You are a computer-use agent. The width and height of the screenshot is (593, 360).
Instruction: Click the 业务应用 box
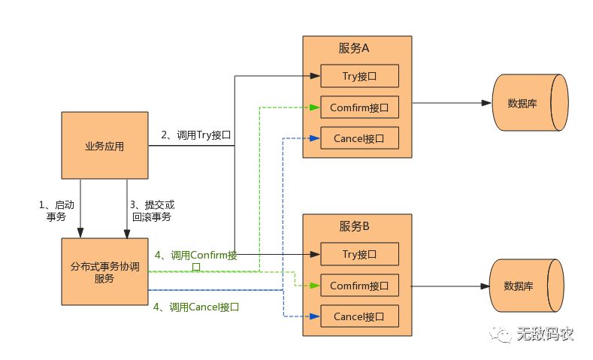point(104,146)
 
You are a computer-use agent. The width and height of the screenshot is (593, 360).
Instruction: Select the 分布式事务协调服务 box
point(104,271)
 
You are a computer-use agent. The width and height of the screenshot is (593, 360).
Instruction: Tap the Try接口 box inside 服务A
point(359,76)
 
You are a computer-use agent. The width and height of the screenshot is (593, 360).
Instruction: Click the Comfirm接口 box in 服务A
point(359,107)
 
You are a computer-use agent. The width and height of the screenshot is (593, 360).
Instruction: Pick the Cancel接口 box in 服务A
point(359,138)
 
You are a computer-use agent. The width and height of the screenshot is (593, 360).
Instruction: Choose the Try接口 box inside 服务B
point(359,254)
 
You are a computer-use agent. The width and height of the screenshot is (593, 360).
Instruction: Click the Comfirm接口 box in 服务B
point(359,286)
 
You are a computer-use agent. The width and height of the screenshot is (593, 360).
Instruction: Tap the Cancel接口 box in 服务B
point(359,316)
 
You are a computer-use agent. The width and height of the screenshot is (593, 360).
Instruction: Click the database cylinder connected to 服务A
point(529,103)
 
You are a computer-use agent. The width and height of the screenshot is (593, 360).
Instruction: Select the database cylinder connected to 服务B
point(529,286)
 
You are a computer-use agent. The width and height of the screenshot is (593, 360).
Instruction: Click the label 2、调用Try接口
point(195,135)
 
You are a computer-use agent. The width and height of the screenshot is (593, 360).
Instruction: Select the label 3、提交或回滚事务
point(153,210)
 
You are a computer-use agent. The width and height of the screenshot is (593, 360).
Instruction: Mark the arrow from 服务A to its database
point(451,103)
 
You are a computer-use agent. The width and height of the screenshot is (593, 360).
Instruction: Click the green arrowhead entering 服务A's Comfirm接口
point(316,107)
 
